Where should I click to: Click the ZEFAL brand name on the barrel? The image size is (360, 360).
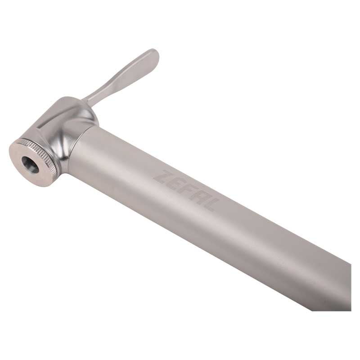tap(185, 190)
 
